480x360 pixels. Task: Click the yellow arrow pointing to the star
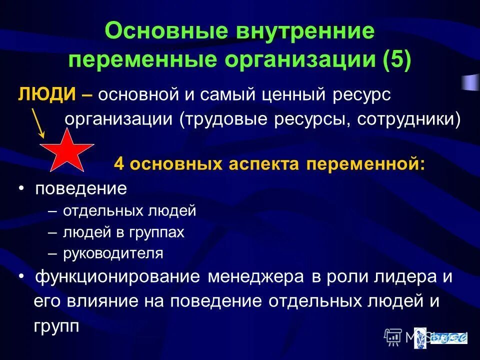pos(38,123)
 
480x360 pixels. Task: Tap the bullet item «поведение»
pos(80,189)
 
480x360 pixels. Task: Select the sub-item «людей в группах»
pos(123,232)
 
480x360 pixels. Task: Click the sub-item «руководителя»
pos(113,253)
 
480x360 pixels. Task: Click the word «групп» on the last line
pos(56,326)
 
